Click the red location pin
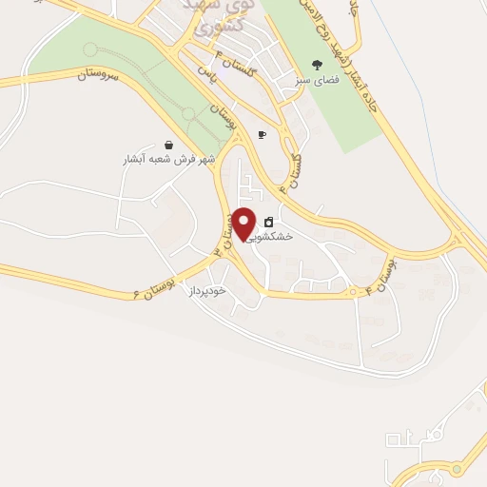[244, 224]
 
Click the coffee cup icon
[262, 135]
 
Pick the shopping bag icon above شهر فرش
[168, 145]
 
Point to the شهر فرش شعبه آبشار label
[167, 160]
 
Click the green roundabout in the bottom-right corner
[455, 468]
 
